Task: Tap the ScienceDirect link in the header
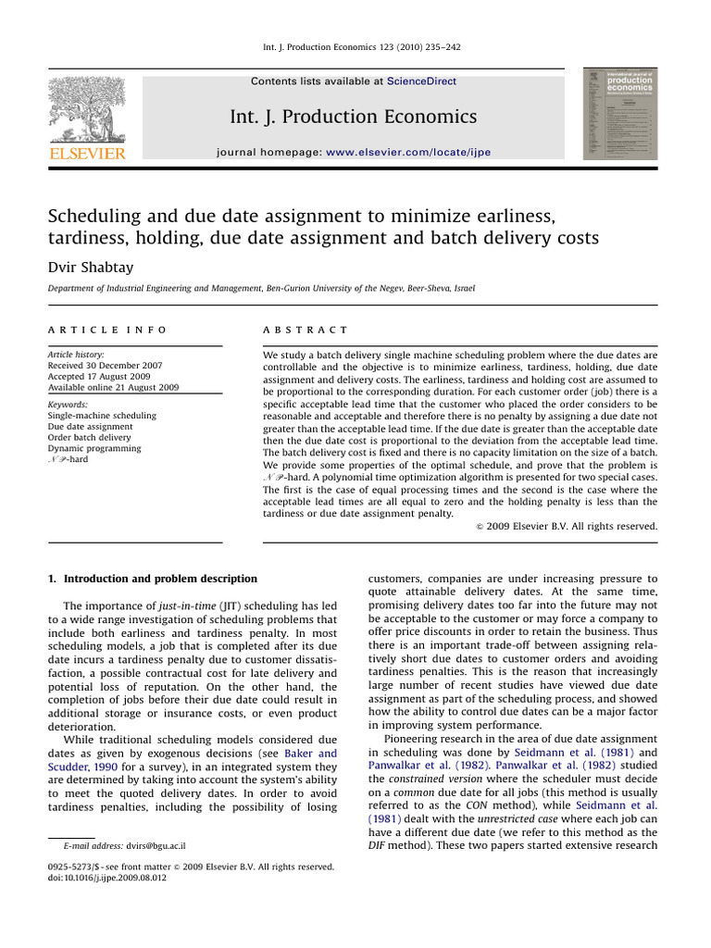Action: pos(421,81)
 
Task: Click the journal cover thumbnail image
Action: pos(619,114)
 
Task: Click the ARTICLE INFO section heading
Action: pos(107,330)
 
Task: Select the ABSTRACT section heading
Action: pos(306,330)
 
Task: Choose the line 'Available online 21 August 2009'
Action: pos(113,388)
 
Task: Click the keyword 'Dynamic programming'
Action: pos(94,448)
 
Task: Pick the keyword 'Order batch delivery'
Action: pos(90,438)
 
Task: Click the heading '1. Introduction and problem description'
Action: pos(153,580)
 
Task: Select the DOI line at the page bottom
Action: pos(107,879)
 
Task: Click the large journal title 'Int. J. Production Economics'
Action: pos(354,117)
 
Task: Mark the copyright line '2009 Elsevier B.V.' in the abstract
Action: pos(565,526)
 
